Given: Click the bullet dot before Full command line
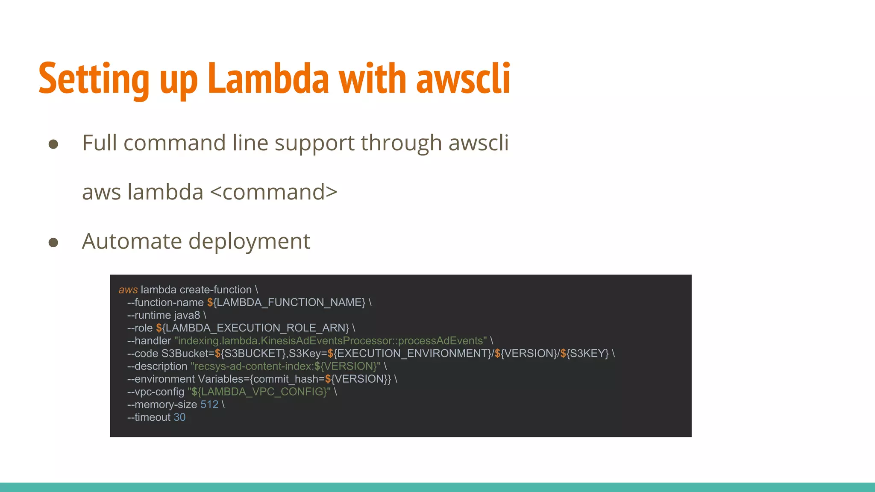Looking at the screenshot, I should [53, 144].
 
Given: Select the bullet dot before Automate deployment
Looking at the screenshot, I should [53, 243].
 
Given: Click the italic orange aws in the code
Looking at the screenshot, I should [128, 290].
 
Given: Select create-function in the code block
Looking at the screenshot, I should [216, 290].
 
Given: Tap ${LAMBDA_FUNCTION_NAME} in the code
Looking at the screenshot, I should [286, 302].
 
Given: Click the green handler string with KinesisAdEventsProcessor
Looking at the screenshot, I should [330, 341].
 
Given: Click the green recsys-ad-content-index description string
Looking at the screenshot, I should [285, 366].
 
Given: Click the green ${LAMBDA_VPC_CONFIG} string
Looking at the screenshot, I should [259, 392].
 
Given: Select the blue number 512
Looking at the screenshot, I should [209, 404].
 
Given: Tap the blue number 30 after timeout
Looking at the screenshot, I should [179, 417].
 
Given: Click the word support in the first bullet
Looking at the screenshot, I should [314, 143].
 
